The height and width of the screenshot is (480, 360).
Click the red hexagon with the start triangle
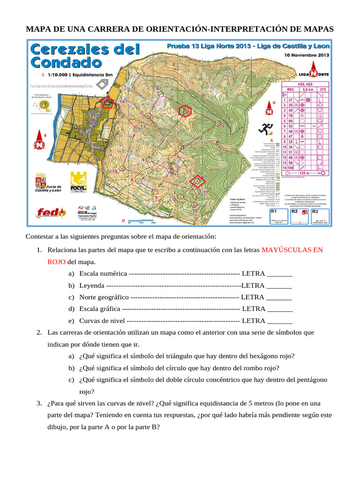[x=185, y=111]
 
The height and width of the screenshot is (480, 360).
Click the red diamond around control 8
[x=200, y=180]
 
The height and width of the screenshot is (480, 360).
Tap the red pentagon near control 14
[x=108, y=103]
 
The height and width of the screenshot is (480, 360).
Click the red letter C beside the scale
[x=43, y=75]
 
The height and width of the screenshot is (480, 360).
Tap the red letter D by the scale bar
[x=123, y=221]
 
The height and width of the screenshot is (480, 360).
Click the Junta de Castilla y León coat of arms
[x=40, y=180]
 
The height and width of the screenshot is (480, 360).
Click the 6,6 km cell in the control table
[x=307, y=89]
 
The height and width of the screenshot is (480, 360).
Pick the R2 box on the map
[x=300, y=215]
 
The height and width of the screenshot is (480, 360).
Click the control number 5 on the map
[x=223, y=127]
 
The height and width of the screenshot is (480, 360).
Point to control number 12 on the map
[x=115, y=172]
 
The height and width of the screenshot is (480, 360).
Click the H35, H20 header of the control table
[x=305, y=84]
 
